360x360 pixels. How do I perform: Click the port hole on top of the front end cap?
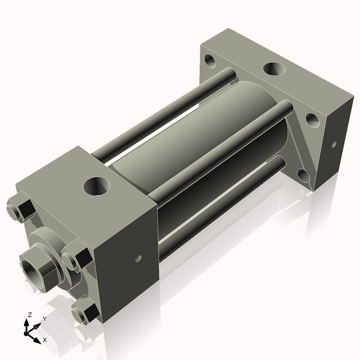(97, 185)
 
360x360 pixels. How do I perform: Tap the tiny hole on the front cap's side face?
(137, 259)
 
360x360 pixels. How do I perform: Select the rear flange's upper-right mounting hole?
(313, 119)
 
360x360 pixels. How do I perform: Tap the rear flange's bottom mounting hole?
(302, 175)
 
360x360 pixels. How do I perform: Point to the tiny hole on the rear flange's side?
(334, 144)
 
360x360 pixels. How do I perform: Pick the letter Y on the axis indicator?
(44, 319)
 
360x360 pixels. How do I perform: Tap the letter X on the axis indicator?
(45, 340)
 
